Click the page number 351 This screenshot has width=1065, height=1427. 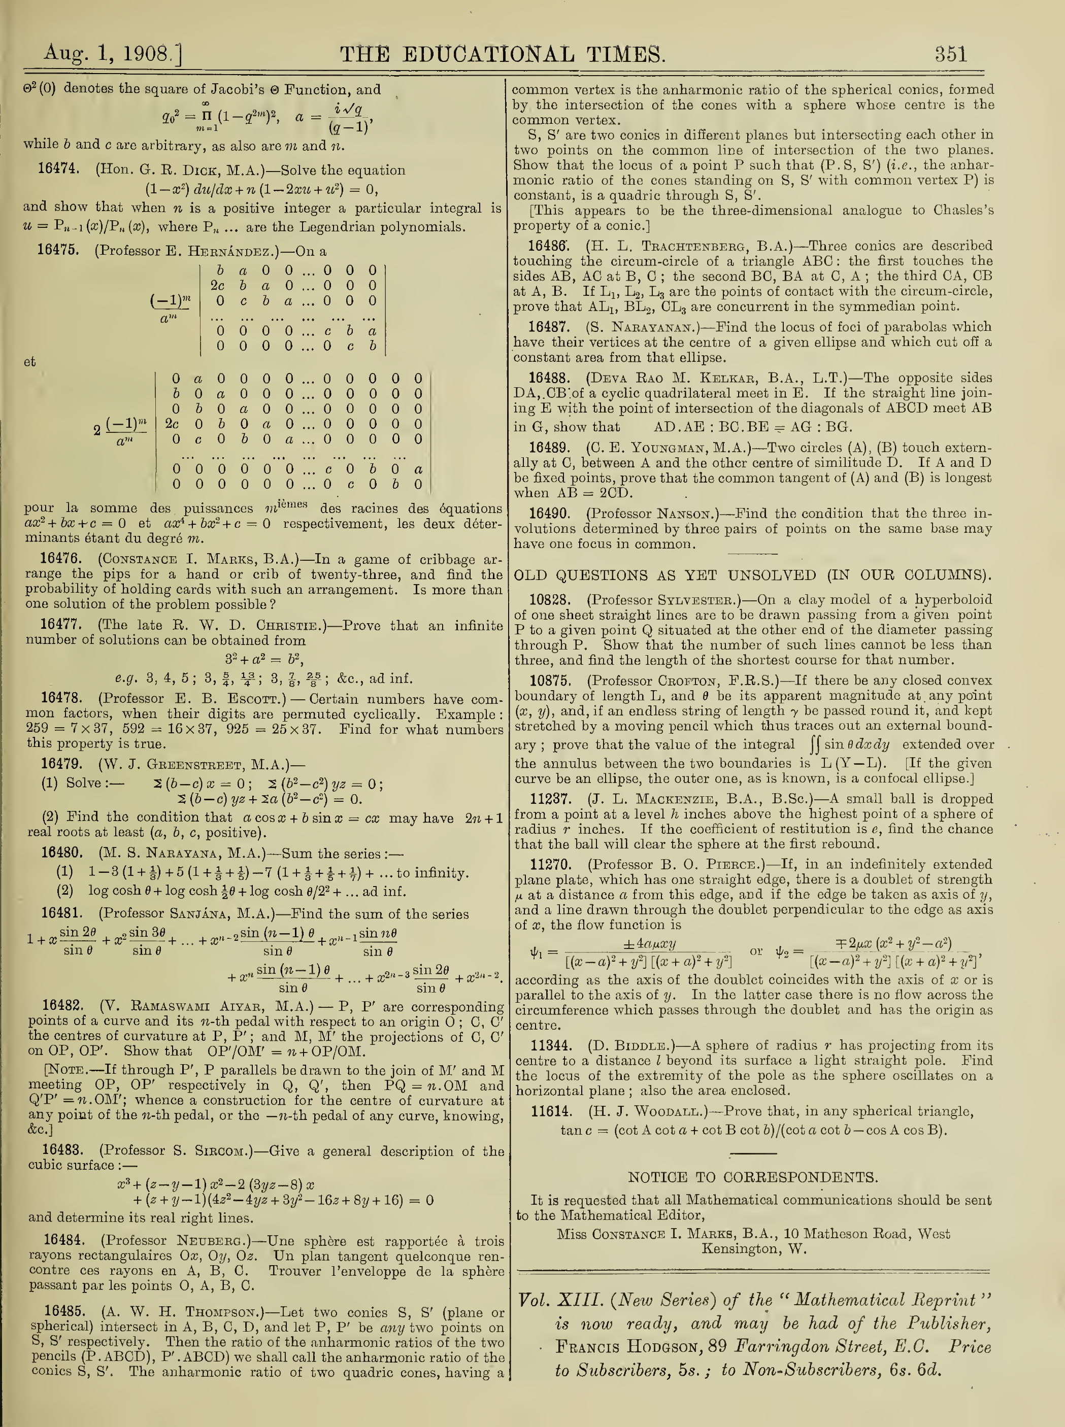(951, 53)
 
